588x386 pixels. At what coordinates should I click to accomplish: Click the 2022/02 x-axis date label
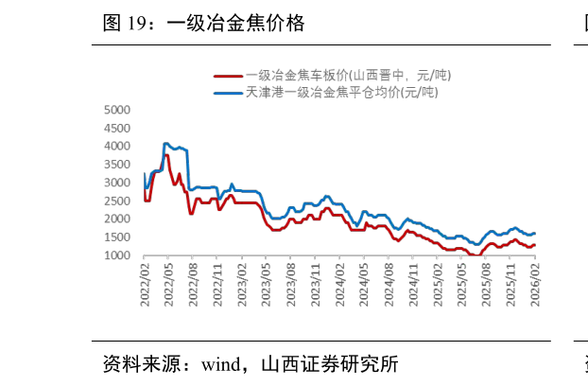pyautogui.click(x=145, y=280)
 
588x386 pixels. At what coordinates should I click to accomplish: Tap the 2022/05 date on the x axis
pyautogui.click(x=169, y=280)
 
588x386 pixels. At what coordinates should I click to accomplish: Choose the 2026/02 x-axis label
pyautogui.click(x=535, y=280)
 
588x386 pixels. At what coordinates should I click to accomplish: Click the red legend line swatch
pyautogui.click(x=227, y=75)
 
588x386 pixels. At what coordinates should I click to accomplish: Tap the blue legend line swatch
pyautogui.click(x=227, y=92)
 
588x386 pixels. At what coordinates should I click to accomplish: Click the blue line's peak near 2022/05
pyautogui.click(x=165, y=144)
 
